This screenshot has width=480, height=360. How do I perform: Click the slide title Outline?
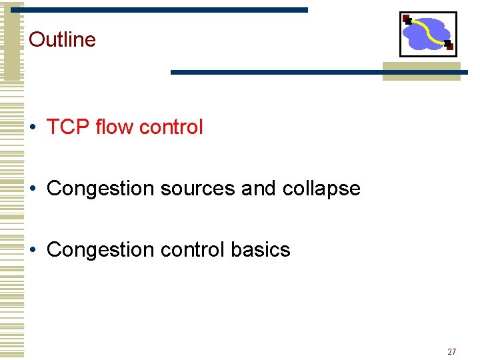click(x=63, y=39)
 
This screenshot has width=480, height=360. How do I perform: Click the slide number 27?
click(x=452, y=351)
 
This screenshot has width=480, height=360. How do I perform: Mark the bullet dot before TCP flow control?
click(x=33, y=127)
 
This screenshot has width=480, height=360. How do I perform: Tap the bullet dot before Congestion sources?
click(x=33, y=189)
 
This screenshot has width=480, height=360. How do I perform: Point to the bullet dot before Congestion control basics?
click(x=33, y=251)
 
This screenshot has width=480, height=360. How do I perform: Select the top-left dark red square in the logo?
click(x=406, y=19)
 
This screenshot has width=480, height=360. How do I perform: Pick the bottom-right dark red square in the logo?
click(x=449, y=47)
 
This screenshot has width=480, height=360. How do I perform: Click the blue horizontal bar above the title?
click(x=167, y=10)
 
